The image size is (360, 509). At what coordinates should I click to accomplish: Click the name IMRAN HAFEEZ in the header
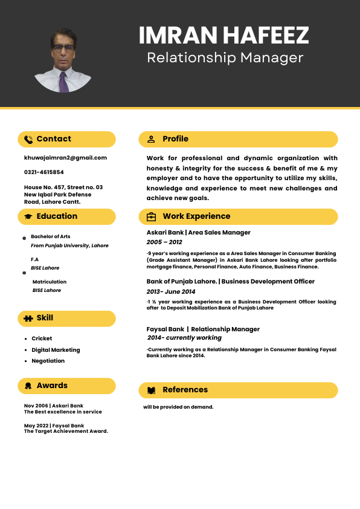[x=223, y=36]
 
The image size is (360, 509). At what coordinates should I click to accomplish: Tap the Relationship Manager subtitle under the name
[x=225, y=58]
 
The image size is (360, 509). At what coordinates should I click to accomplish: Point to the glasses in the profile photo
[x=63, y=48]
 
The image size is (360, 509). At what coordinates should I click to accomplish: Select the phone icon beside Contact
[x=28, y=139]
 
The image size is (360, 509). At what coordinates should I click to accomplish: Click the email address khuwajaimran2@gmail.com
[x=65, y=158]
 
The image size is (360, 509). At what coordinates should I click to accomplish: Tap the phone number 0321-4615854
[x=43, y=172]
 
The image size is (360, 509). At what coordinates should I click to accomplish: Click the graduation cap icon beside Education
[x=28, y=216]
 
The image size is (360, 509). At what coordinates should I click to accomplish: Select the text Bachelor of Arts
[x=51, y=236]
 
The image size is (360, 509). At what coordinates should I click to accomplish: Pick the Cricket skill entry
[x=42, y=339]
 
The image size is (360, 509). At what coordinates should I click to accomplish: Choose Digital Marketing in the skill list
[x=56, y=350]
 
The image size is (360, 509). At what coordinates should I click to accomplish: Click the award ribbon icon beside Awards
[x=28, y=386]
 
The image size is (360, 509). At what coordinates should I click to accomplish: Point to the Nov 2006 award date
[x=36, y=406]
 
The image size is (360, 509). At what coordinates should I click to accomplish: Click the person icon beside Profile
[x=151, y=139]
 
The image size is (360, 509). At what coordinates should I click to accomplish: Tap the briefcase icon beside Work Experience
[x=151, y=216]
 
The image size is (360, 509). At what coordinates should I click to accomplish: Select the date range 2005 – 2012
[x=164, y=242]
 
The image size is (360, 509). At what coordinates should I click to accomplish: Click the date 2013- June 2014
[x=171, y=292]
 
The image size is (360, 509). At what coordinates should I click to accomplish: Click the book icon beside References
[x=151, y=390]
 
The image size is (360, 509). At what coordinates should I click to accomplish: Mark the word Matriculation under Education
[x=50, y=282]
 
